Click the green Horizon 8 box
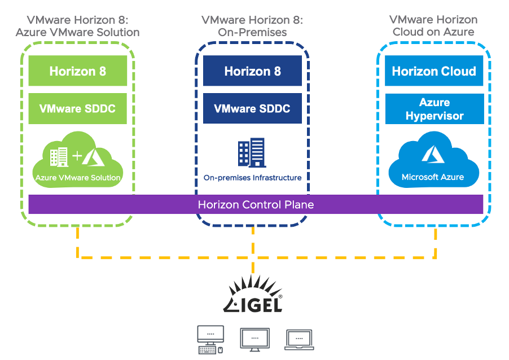point(78,71)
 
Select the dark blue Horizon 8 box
point(252,71)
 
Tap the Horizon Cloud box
point(434,71)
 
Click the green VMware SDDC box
point(78,108)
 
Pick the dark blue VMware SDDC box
point(252,108)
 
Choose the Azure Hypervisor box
point(434,109)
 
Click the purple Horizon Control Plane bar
point(256,204)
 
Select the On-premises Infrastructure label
point(252,178)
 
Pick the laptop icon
point(299,339)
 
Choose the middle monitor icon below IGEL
point(254,339)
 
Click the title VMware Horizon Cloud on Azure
point(433,26)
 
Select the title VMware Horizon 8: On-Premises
point(252,26)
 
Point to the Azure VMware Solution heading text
point(77,32)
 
